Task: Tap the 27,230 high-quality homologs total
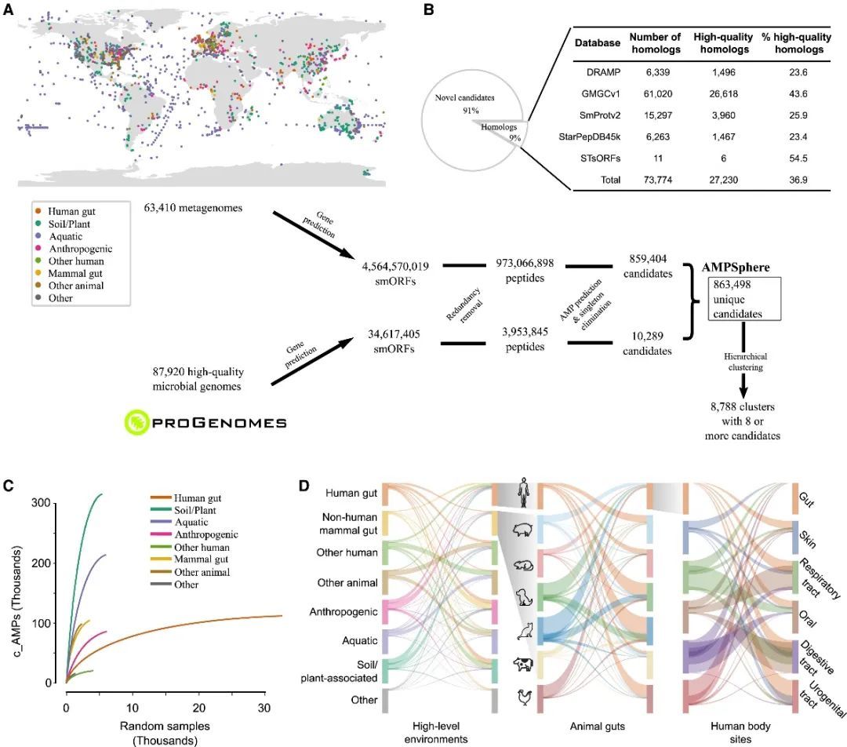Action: coord(722,180)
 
